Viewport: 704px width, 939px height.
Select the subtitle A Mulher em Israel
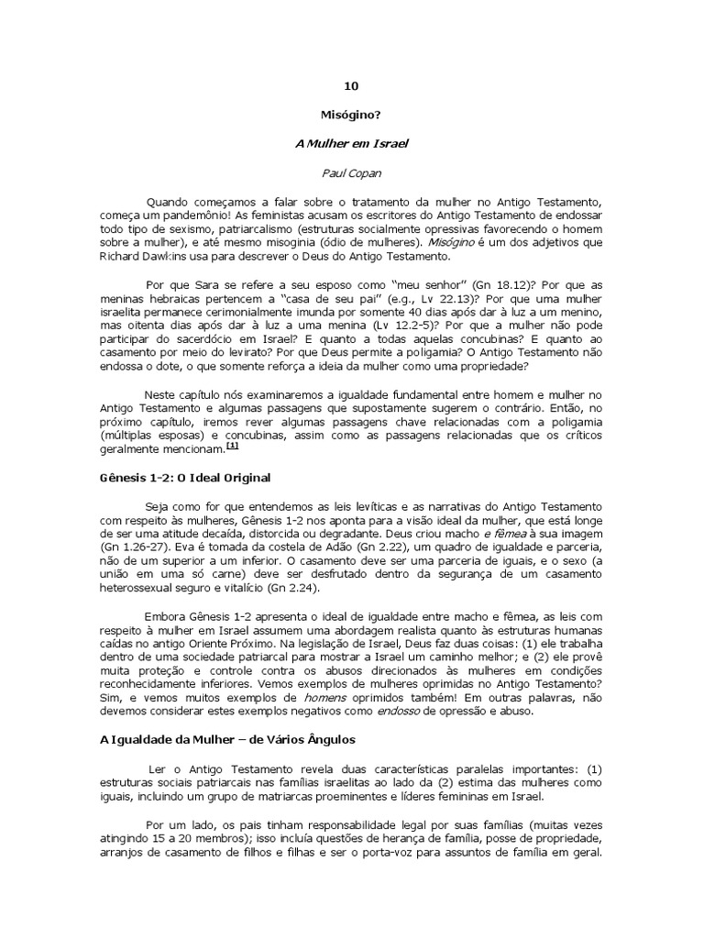[x=351, y=144]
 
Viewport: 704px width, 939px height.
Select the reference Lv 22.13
[x=412, y=300]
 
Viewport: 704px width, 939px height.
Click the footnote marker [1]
[x=232, y=447]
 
